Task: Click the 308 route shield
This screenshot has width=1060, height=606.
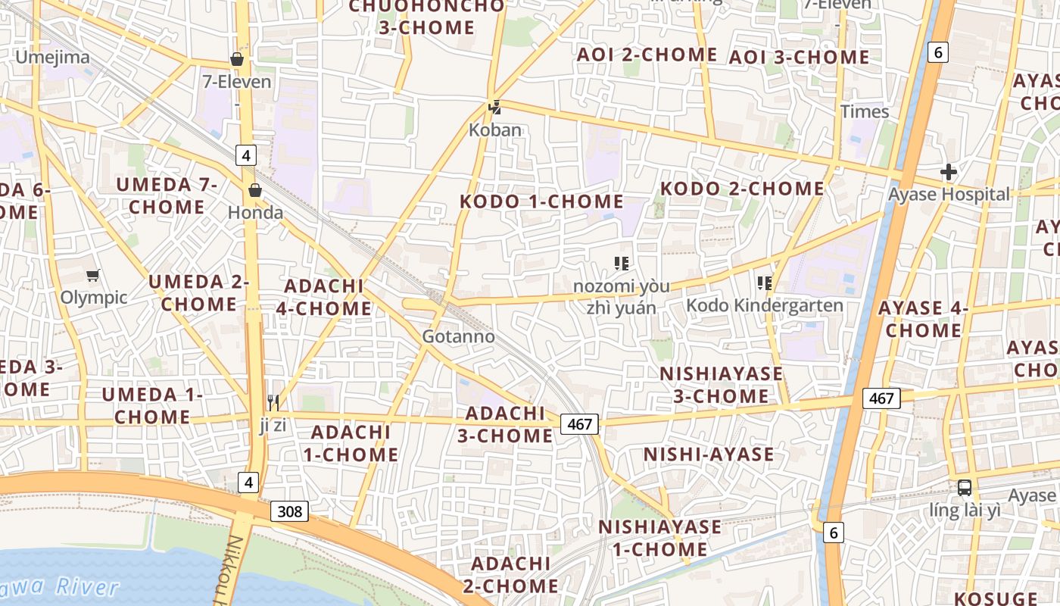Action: (289, 512)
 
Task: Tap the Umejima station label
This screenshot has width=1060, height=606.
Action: (52, 57)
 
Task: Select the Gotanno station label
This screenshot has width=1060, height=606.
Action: (458, 336)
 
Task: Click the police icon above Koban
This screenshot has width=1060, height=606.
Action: (494, 108)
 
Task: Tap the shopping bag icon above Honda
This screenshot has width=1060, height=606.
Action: (255, 189)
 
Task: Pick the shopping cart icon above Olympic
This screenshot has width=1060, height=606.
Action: (92, 276)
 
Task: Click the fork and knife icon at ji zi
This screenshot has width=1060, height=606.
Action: (273, 402)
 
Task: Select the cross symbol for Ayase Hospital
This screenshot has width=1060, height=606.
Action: (948, 172)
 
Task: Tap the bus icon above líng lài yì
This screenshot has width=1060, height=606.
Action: (964, 488)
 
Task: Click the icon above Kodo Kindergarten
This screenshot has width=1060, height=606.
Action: (764, 283)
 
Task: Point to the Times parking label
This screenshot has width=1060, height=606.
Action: (865, 111)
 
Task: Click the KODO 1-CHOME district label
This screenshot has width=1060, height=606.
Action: (542, 201)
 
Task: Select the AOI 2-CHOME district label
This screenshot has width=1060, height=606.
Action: (647, 55)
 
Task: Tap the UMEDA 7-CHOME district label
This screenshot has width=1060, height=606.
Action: (167, 195)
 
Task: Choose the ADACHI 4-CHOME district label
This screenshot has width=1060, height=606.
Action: (328, 297)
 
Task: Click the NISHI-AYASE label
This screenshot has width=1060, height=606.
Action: (709, 454)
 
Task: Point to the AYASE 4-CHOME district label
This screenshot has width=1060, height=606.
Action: (924, 319)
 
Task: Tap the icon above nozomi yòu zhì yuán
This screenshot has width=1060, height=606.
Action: (622, 264)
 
